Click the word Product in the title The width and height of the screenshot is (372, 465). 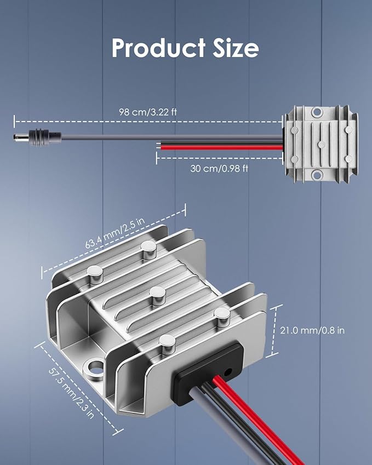click(158, 48)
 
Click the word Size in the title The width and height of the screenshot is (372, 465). click(236, 48)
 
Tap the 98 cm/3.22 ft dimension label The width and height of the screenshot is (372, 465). click(148, 112)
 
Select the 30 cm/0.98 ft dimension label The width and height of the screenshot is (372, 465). click(219, 169)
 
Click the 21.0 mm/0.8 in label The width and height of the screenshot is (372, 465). click(312, 330)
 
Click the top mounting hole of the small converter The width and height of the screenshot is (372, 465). click(317, 112)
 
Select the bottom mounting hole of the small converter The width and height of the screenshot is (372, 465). click(317, 175)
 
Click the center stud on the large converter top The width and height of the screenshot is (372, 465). click(157, 296)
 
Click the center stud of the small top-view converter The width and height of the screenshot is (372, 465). click(321, 145)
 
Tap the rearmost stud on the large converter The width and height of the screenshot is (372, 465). click(148, 250)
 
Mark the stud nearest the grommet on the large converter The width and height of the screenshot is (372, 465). click(168, 345)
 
